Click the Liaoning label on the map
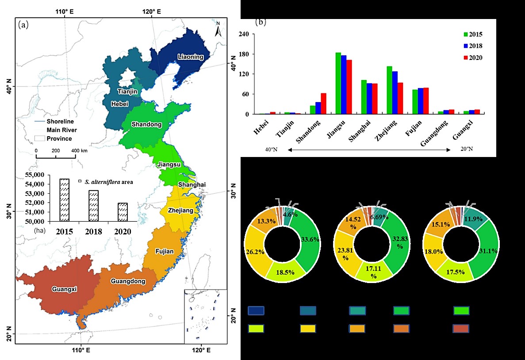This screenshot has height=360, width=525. [190, 57]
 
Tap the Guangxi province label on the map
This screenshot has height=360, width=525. [64, 289]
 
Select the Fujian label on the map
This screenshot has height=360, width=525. [165, 252]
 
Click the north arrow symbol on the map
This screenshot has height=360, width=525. [218, 30]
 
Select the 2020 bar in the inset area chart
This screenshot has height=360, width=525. [123, 212]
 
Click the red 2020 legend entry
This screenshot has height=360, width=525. [472, 57]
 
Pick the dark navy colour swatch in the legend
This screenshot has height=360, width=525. [256, 310]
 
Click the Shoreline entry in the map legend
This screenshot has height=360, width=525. [60, 122]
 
